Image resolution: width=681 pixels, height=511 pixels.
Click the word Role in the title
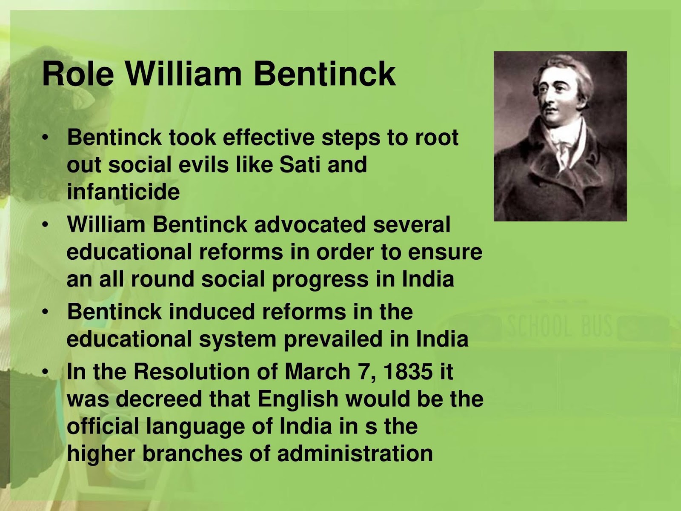click(x=78, y=74)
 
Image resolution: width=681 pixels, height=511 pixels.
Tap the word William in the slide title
click(x=183, y=74)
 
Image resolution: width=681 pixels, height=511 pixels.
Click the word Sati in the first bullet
click(x=300, y=164)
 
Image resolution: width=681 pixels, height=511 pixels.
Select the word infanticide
click(x=123, y=192)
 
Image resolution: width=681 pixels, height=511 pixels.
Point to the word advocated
click(x=310, y=224)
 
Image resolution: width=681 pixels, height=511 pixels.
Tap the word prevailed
click(x=333, y=339)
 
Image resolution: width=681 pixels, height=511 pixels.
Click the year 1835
click(x=408, y=371)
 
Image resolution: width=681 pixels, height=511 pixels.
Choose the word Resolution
click(x=195, y=371)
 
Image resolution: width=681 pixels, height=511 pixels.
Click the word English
click(x=298, y=399)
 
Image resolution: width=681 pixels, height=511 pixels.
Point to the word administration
click(x=355, y=454)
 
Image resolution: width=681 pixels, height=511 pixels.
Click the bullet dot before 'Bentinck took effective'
click(x=46, y=137)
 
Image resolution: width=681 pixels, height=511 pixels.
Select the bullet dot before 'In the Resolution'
click(x=46, y=371)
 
